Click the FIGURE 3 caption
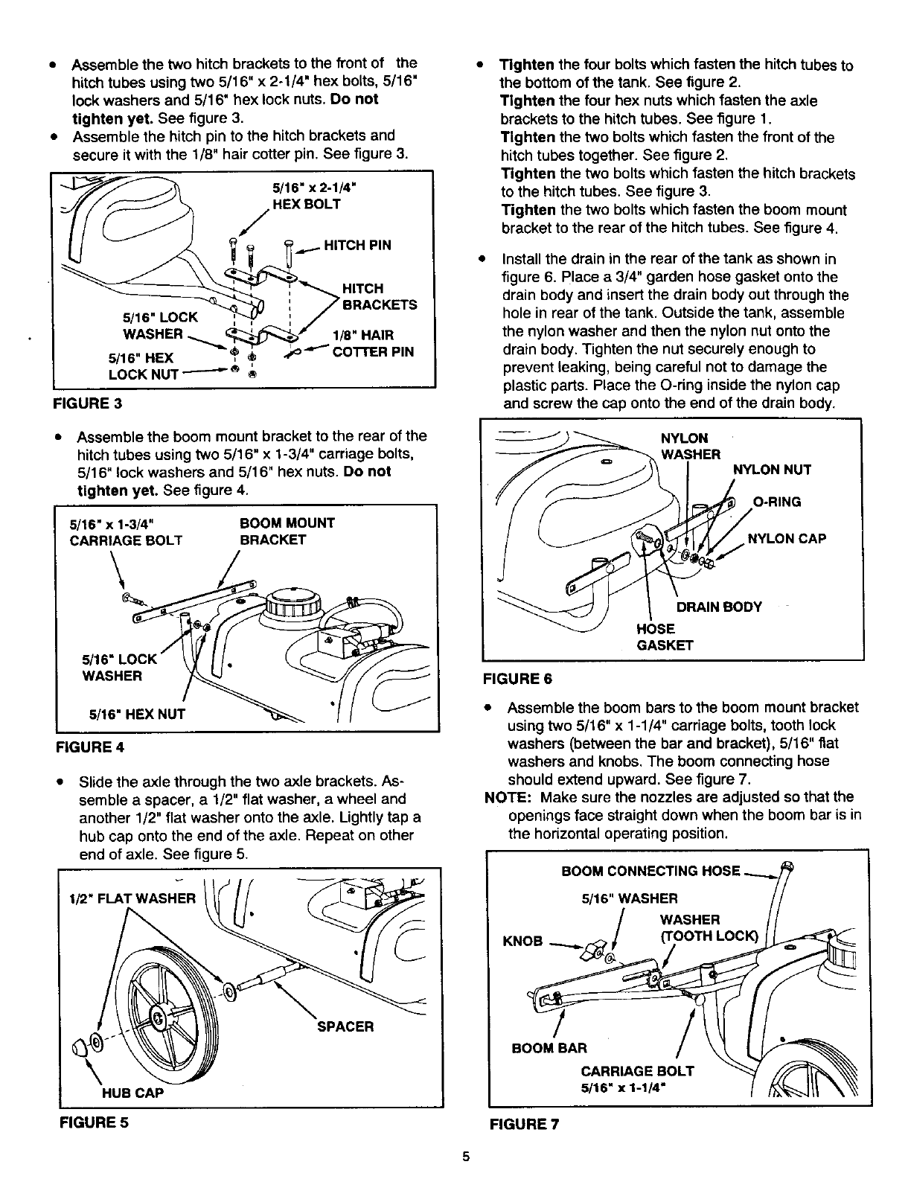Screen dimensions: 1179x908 tap(86, 404)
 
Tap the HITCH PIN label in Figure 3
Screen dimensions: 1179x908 tap(357, 245)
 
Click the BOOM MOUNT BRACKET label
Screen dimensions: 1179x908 tap(287, 531)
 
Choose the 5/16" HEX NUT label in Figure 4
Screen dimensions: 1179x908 tap(137, 715)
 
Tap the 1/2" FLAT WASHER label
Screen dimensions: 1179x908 tap(131, 898)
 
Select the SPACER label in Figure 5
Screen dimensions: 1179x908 tap(345, 1026)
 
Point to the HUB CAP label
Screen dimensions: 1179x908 tap(132, 1093)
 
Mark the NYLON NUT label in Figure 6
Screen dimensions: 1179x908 tap(772, 470)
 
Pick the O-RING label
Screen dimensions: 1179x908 tap(776, 502)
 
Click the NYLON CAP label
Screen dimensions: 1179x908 tap(786, 538)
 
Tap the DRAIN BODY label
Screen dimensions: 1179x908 tap(718, 606)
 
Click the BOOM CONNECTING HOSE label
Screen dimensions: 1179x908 tap(650, 871)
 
